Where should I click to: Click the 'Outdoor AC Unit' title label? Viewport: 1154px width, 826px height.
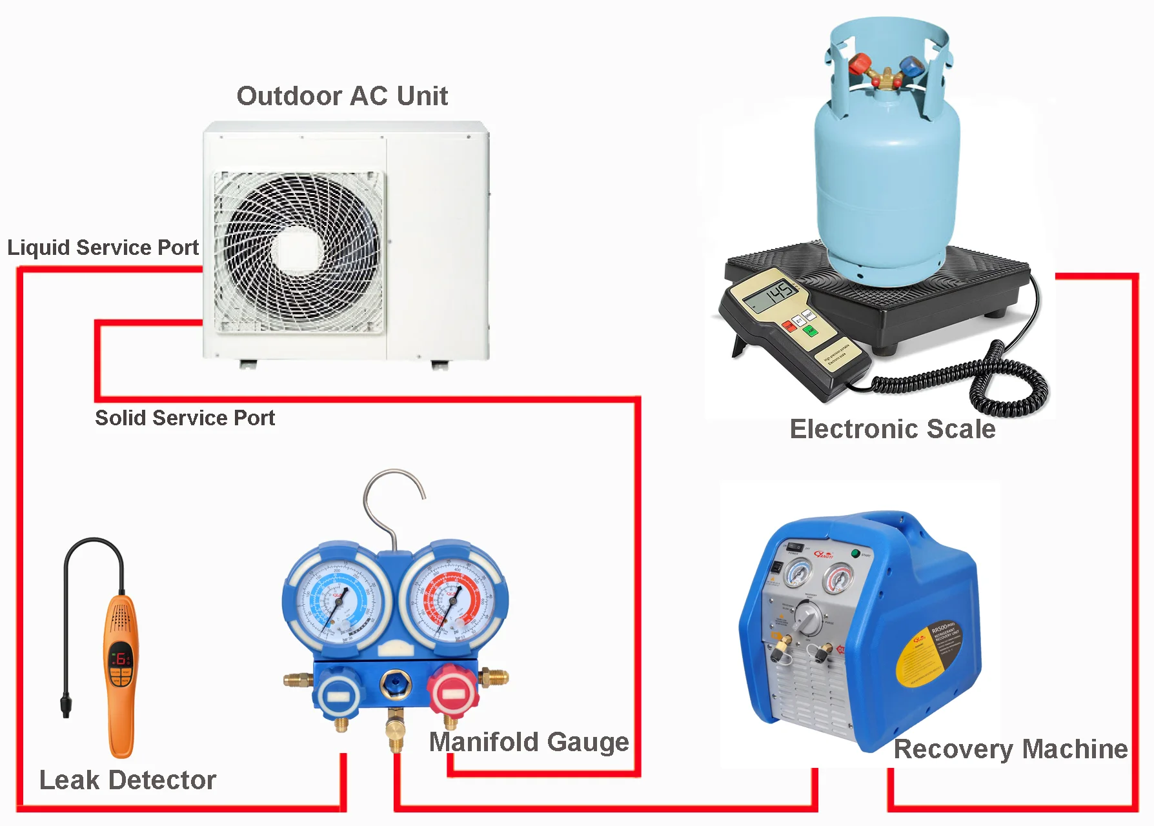342,96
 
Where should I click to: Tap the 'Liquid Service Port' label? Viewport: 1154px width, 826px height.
103,247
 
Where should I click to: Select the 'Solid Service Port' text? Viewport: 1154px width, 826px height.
185,418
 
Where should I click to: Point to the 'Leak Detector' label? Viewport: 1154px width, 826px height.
128,780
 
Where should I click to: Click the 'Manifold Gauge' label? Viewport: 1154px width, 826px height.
529,741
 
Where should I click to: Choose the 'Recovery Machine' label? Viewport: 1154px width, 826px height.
1010,749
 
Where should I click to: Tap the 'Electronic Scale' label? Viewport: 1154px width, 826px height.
893,429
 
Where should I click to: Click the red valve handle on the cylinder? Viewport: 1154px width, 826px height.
860,65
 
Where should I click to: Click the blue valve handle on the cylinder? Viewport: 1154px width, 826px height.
909,66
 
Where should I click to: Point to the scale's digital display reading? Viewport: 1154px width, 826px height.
771,296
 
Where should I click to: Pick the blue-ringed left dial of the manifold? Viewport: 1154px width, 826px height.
337,599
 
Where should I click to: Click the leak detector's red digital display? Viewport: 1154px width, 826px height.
121,659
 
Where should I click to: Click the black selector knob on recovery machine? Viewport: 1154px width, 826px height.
807,619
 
